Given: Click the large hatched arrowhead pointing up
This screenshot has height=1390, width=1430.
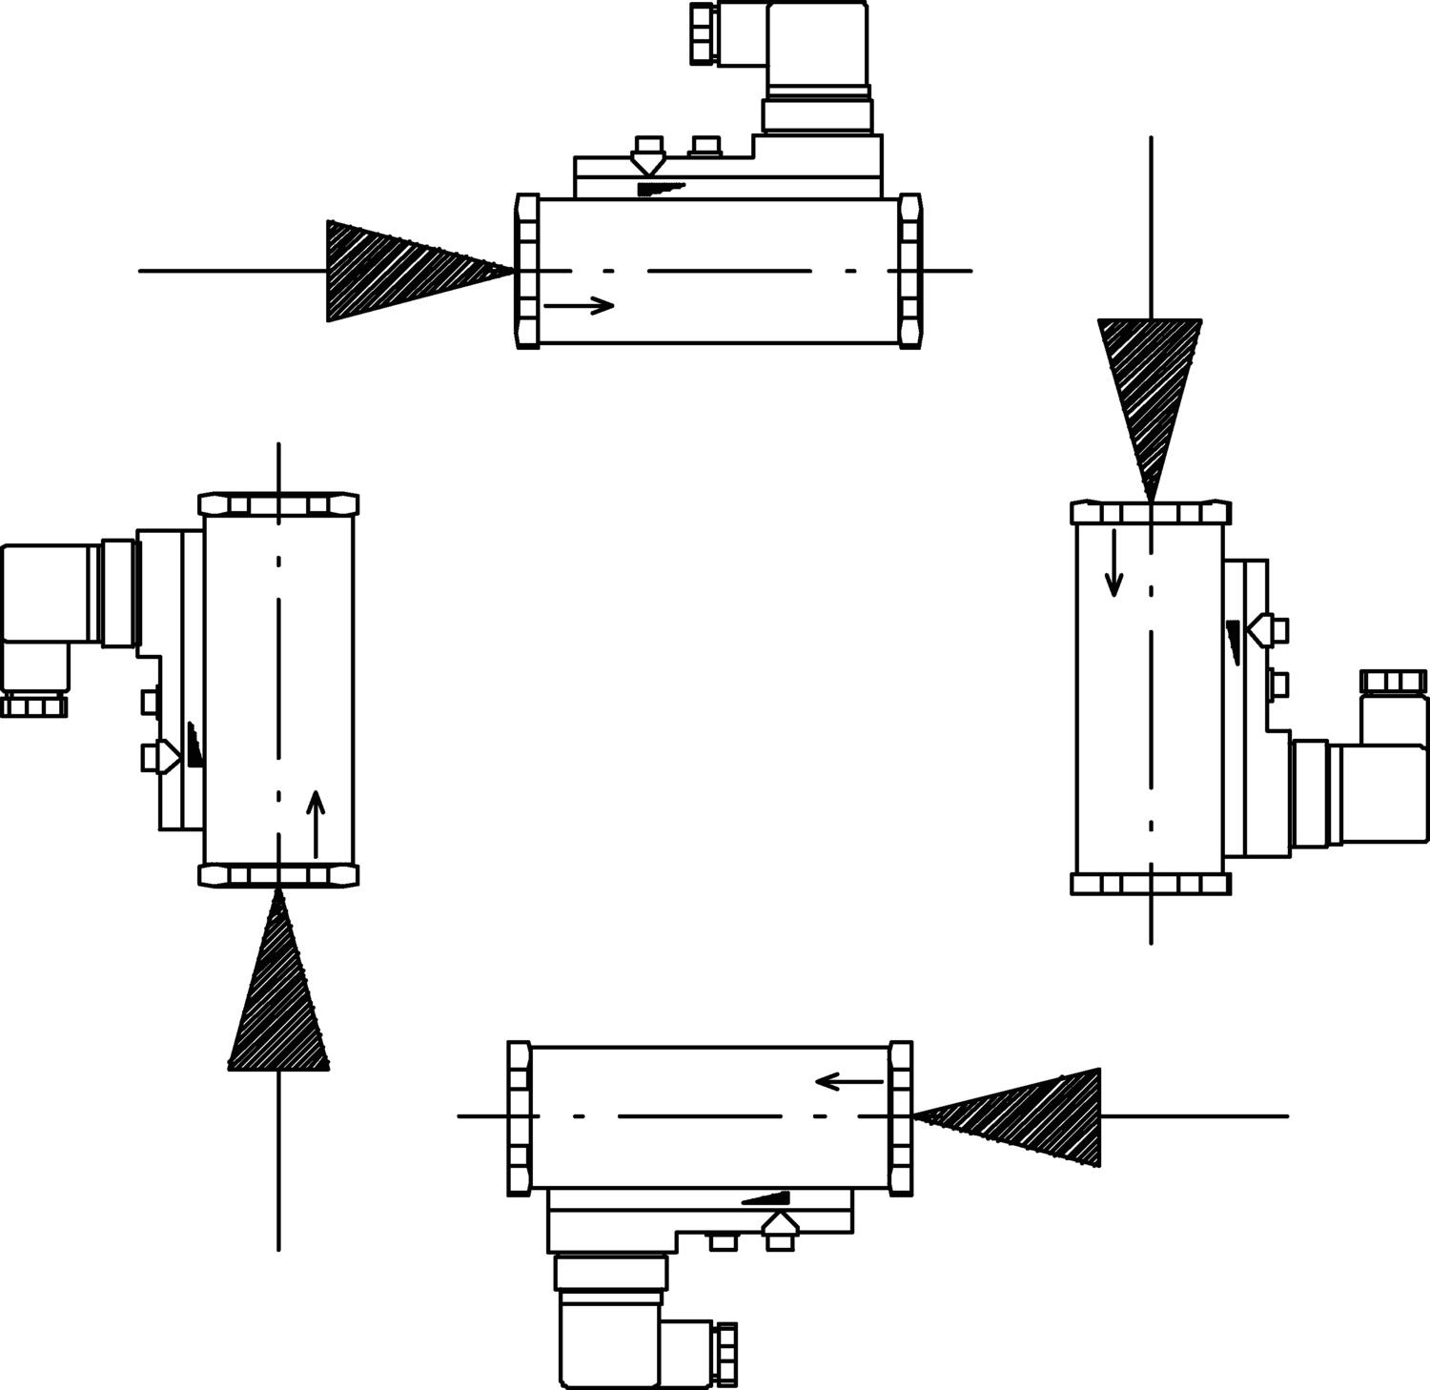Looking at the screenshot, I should tap(278, 1001).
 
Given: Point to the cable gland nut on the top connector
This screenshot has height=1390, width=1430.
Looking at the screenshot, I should tap(703, 33).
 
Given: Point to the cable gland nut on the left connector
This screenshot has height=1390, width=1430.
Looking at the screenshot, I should tap(34, 705).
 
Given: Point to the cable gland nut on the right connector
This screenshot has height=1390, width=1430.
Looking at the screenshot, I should tap(1393, 682).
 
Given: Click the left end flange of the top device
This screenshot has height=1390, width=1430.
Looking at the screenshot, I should tap(527, 271).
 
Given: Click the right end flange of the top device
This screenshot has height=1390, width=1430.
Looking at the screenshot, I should tap(910, 271).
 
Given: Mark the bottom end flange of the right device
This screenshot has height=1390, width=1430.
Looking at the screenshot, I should tap(1151, 884).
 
